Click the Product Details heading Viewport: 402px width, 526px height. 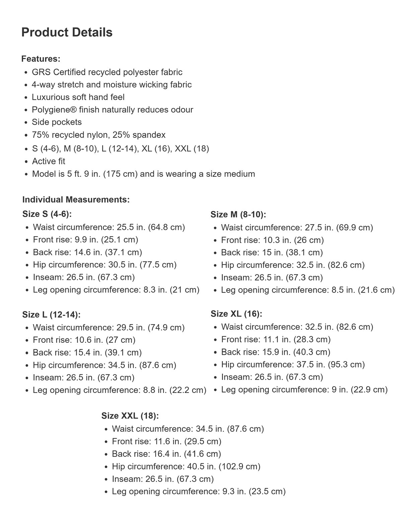tap(67, 32)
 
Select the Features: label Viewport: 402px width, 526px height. tap(41, 59)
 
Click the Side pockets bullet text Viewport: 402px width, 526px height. tap(57, 122)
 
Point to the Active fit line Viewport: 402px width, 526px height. tap(49, 161)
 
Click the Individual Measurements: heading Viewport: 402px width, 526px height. tap(76, 200)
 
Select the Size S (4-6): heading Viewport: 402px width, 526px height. tap(47, 214)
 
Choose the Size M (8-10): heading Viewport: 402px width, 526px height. tap(238, 214)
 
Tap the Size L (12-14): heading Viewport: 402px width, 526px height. tap(51, 315)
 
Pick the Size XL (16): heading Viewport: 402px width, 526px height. tap(236, 314)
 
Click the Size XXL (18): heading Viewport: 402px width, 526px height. tap(130, 416)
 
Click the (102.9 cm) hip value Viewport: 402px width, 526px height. tap(239, 466)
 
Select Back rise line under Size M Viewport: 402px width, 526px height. tap(272, 252)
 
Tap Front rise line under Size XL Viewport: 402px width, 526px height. tap(275, 339)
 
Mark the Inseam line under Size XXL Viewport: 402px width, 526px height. tap(163, 479)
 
